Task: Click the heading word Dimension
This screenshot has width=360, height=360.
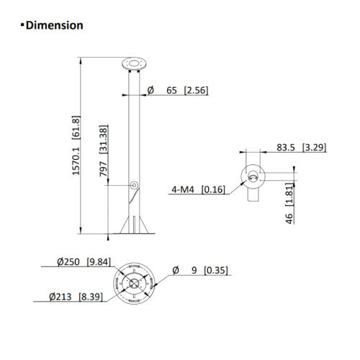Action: tap(54, 25)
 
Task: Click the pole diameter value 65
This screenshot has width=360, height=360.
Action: tap(172, 90)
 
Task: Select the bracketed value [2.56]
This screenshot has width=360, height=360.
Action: tap(196, 90)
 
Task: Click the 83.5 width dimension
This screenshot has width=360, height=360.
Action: tap(286, 148)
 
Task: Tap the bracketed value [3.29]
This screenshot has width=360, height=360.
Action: tap(314, 148)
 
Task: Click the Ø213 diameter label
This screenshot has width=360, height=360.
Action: tap(64, 296)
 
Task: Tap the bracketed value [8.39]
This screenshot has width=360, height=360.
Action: tap(92, 296)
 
